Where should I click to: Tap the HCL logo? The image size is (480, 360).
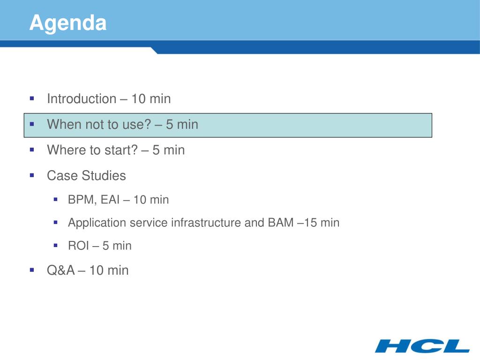(x=422, y=346)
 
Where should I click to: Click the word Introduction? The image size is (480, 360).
(x=82, y=99)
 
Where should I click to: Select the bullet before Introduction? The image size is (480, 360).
(x=32, y=98)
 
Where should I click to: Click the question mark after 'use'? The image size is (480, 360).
(x=148, y=125)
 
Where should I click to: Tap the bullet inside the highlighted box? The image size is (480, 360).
(x=32, y=124)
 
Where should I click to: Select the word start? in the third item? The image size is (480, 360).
(x=121, y=150)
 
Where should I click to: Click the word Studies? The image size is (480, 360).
(x=104, y=176)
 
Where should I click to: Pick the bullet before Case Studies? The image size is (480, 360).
(x=32, y=175)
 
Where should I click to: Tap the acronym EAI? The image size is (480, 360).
(x=110, y=200)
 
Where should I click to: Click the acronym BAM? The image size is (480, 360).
(x=281, y=223)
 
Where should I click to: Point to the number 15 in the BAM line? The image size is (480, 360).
(x=310, y=223)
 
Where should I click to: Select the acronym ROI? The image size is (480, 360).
(x=78, y=246)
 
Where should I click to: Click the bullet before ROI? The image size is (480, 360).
(x=55, y=245)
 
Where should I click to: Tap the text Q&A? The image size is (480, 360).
(x=61, y=270)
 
